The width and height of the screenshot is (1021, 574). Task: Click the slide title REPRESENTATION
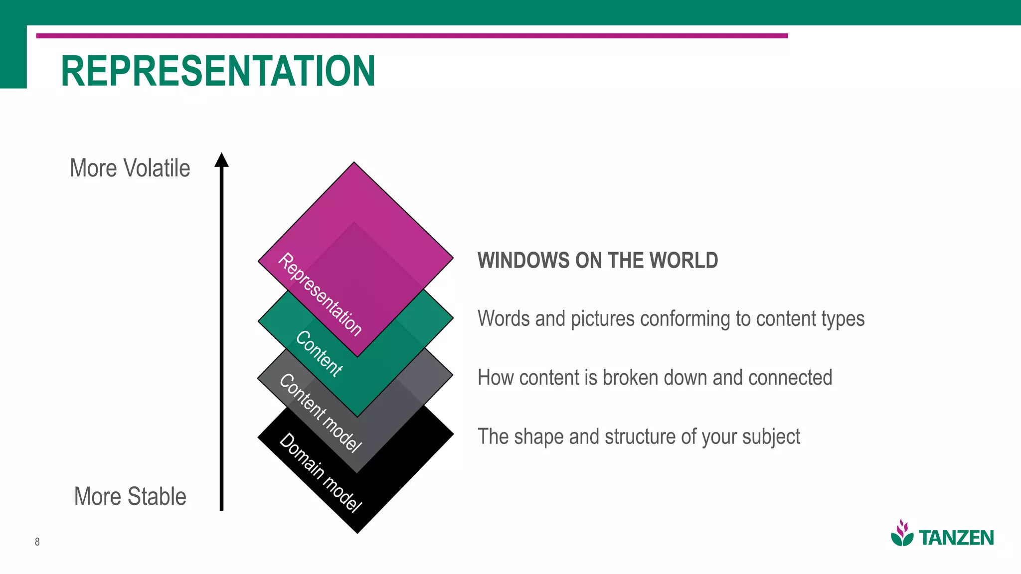pyautogui.click(x=218, y=71)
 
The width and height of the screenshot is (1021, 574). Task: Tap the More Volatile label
pyautogui.click(x=130, y=168)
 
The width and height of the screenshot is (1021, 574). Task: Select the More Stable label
pyautogui.click(x=130, y=496)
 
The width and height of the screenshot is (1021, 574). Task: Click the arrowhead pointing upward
pyautogui.click(x=221, y=160)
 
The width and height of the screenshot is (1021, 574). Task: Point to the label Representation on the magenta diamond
pyautogui.click(x=320, y=294)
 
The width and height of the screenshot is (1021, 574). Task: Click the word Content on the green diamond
pyautogui.click(x=319, y=353)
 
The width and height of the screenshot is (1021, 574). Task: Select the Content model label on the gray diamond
pyautogui.click(x=320, y=413)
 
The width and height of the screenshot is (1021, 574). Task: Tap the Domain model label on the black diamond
pyautogui.click(x=320, y=472)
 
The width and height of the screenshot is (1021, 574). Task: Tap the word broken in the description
pyautogui.click(x=630, y=378)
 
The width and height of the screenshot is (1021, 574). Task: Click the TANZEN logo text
pyautogui.click(x=956, y=538)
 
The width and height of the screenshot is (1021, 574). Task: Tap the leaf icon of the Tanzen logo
pyautogui.click(x=902, y=533)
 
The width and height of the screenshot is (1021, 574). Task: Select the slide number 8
pyautogui.click(x=37, y=542)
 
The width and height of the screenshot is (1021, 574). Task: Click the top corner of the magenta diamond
pyautogui.click(x=354, y=163)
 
